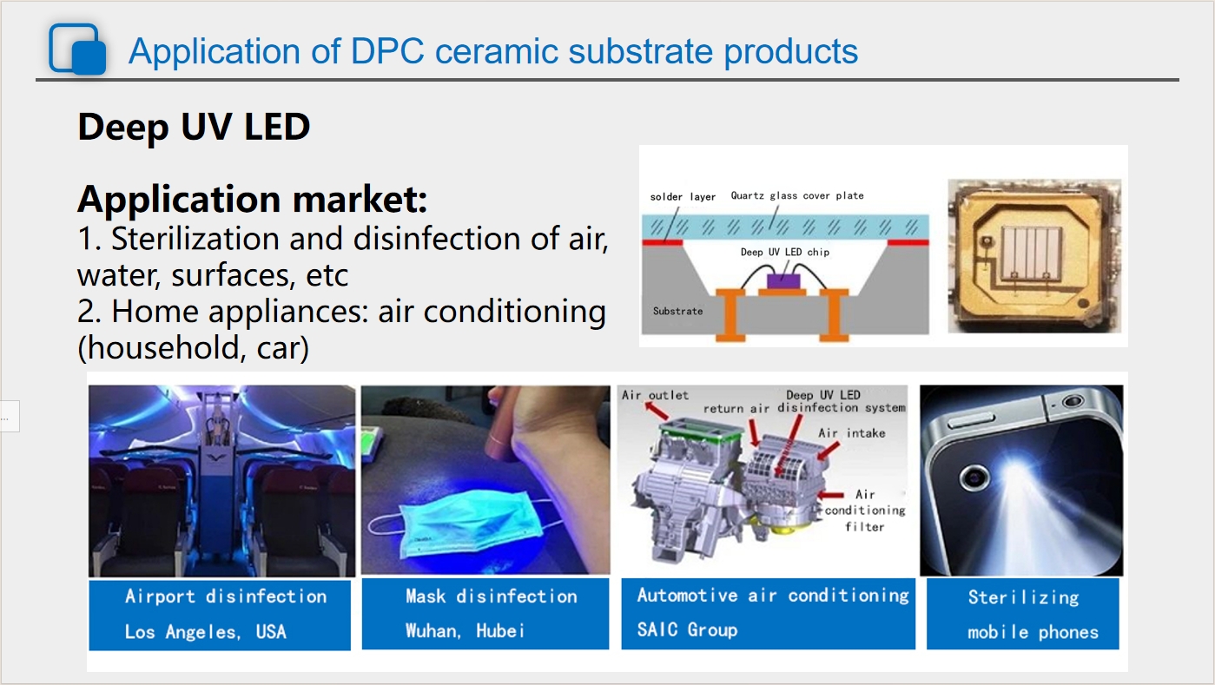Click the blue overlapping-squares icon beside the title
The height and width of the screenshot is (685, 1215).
pyautogui.click(x=77, y=49)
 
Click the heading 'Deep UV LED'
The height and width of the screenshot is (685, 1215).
pyautogui.click(x=194, y=127)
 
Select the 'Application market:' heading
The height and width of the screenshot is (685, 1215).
pyautogui.click(x=252, y=199)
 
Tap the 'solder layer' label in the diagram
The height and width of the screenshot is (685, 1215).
pyautogui.click(x=683, y=197)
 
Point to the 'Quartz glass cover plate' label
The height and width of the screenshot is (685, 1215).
pyautogui.click(x=796, y=196)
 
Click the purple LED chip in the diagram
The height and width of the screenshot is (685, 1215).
pyautogui.click(x=783, y=281)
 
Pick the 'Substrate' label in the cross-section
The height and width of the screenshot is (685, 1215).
pyautogui.click(x=677, y=312)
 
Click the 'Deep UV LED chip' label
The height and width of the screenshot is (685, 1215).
pyautogui.click(x=785, y=252)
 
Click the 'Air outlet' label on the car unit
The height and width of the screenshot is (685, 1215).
pyautogui.click(x=655, y=395)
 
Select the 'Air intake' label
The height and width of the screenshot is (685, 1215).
pyautogui.click(x=852, y=433)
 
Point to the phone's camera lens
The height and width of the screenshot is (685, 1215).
pyautogui.click(x=974, y=478)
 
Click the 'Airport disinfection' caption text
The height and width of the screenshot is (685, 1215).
pyautogui.click(x=226, y=596)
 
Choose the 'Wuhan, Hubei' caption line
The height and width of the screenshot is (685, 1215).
pyautogui.click(x=465, y=631)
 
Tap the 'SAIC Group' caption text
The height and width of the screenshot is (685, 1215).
pyautogui.click(x=687, y=629)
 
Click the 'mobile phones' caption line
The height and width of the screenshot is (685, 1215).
pyautogui.click(x=1033, y=632)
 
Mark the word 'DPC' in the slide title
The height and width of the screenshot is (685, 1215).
pyautogui.click(x=387, y=51)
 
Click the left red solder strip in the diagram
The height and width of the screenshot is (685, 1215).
pyautogui.click(x=663, y=242)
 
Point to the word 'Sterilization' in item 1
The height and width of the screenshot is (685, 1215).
pyautogui.click(x=195, y=239)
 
